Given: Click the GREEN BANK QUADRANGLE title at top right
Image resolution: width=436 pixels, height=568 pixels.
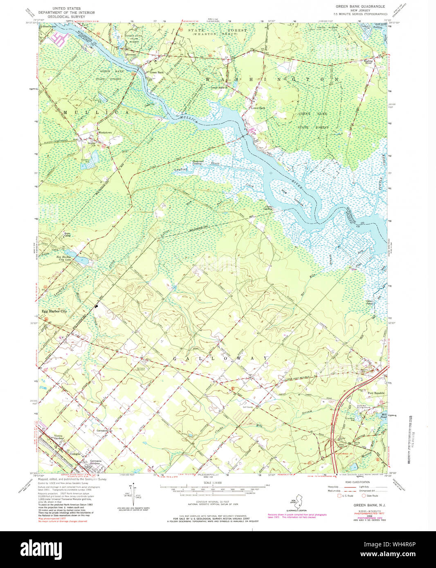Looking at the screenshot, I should coord(360,7).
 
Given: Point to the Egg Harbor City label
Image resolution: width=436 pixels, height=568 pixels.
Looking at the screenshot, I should coord(54,311).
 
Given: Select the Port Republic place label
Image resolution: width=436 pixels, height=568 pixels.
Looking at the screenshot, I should coord(376,393).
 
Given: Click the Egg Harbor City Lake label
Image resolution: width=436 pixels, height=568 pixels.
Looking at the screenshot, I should coord(63,258).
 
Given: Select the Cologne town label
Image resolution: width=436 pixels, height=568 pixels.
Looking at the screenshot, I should coord(75,454).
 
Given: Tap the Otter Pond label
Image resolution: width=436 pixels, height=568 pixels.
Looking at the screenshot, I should coord(369,303).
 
